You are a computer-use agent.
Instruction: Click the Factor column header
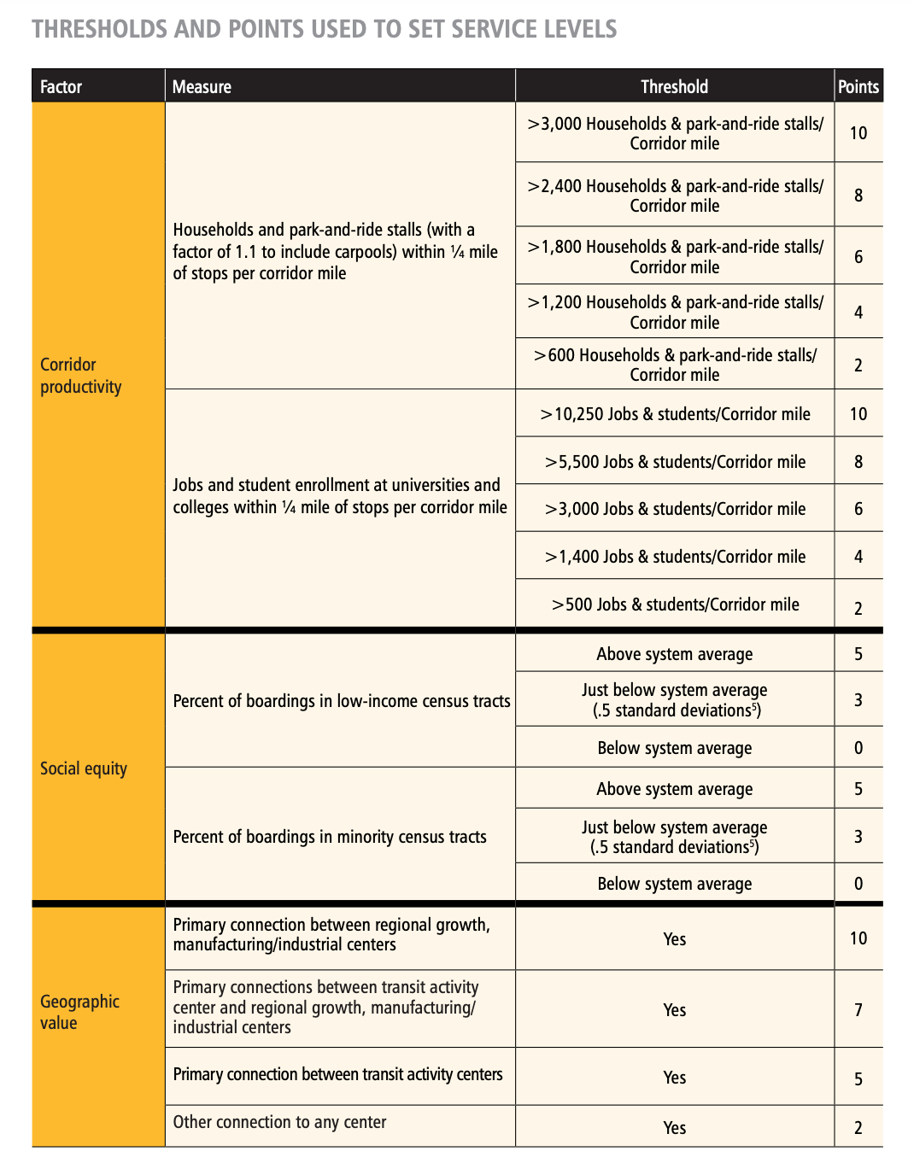point(62,87)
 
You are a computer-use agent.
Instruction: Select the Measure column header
point(202,87)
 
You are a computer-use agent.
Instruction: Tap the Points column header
point(858,87)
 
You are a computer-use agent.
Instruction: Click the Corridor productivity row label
point(81,376)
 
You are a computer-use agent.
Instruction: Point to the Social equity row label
point(84,769)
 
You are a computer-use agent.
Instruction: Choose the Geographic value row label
point(79,1012)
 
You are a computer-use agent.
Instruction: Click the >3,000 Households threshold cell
point(675,133)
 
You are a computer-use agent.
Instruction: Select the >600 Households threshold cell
point(675,365)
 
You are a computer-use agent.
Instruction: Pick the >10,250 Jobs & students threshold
point(675,414)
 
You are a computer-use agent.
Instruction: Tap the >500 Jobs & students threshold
point(675,605)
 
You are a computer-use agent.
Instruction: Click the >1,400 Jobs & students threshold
point(675,557)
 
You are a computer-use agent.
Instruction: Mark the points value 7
point(858,1010)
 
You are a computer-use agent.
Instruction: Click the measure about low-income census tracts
point(341,701)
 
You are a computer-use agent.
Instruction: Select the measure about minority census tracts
point(330,837)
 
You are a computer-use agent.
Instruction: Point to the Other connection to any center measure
point(279,1122)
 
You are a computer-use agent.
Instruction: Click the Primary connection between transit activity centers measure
point(337,1074)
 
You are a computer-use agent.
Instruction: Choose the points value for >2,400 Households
point(858,196)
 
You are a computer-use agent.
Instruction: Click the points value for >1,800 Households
point(858,257)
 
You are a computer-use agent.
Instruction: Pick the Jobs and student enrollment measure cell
point(339,496)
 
